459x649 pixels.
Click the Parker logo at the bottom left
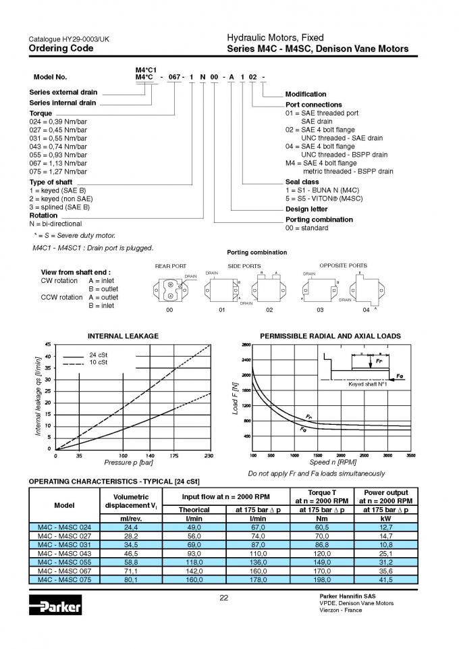click(55, 606)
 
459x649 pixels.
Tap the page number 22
click(225, 597)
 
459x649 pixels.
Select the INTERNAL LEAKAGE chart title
click(123, 336)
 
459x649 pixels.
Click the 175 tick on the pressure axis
click(175, 456)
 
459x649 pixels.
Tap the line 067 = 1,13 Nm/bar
click(58, 163)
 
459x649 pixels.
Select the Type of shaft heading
click(51, 182)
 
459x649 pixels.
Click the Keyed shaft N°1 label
click(367, 384)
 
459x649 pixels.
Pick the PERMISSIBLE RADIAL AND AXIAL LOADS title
click(330, 336)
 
